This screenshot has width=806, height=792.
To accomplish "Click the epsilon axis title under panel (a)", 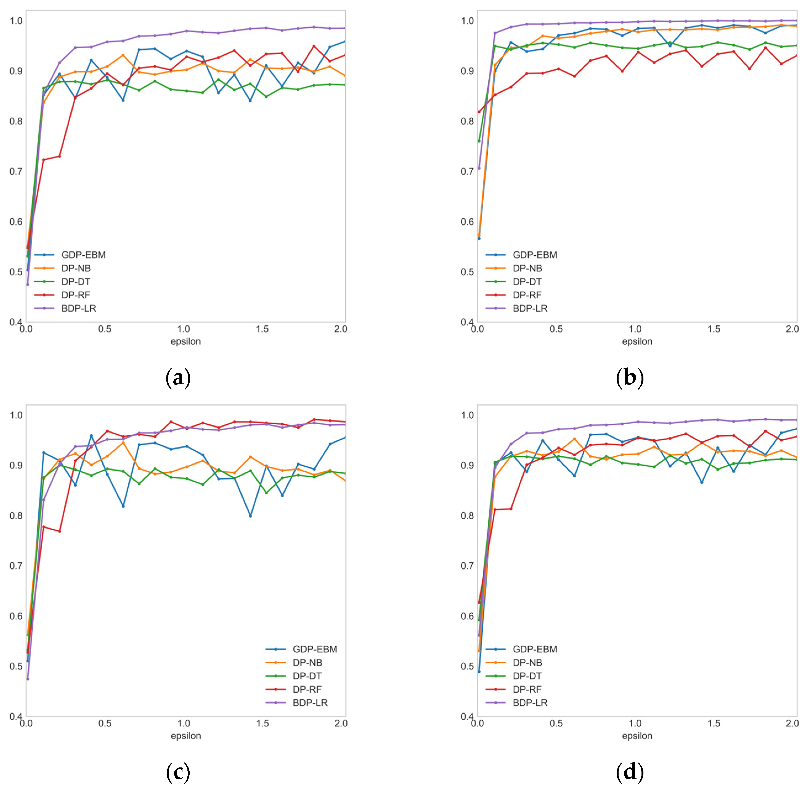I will [x=185, y=341].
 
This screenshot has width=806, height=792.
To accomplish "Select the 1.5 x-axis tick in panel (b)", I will [x=714, y=329].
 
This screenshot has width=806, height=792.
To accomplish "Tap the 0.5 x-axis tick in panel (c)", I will [x=105, y=723].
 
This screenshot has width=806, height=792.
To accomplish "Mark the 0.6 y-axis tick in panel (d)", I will [x=468, y=616].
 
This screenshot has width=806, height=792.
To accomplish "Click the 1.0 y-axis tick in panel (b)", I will [x=468, y=20].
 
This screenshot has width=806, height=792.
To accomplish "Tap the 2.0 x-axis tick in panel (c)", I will [x=341, y=723].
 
